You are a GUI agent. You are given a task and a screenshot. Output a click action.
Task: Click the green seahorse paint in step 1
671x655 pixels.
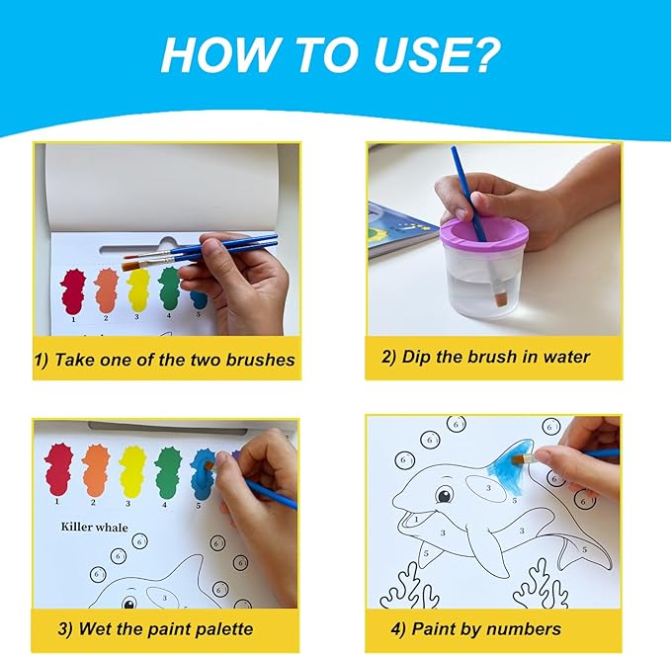point(169,287)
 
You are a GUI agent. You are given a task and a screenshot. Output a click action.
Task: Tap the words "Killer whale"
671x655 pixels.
point(95,527)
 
